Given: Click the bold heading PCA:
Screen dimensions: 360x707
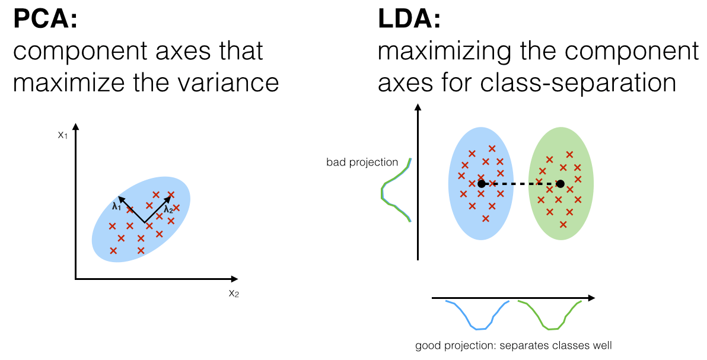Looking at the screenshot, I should [46, 20].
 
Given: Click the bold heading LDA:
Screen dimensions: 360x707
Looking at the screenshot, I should [409, 20].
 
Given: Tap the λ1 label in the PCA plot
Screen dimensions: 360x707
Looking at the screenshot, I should [116, 207].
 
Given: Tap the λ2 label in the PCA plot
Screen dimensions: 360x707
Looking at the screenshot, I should [168, 209].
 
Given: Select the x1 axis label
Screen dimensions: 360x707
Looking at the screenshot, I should [62, 135].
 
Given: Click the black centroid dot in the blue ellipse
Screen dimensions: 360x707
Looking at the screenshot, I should [482, 184].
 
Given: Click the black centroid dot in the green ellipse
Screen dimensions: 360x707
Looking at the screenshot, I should [560, 184].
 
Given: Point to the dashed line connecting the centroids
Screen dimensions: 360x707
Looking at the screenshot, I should [521, 184].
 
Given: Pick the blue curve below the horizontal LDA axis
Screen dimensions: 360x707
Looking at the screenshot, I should [478, 316].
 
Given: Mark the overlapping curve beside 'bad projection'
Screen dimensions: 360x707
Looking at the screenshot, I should [394, 190].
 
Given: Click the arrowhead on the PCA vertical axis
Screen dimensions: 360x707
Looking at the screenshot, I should [75, 127].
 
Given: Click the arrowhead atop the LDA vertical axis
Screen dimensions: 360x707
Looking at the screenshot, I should [418, 107].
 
